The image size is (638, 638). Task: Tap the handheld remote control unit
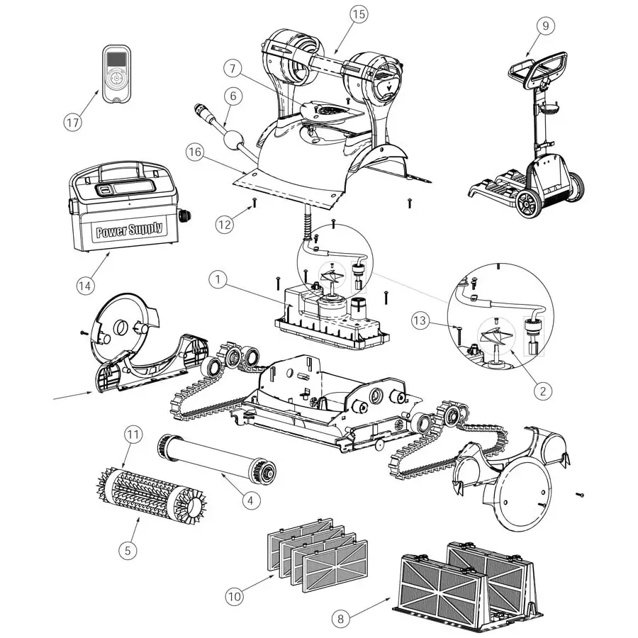click(116, 74)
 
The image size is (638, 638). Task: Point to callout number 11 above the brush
click(133, 434)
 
